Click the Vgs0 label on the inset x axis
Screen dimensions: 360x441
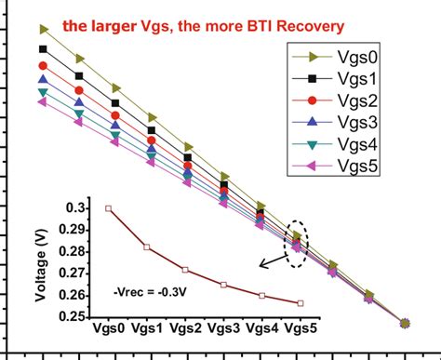coord(108,330)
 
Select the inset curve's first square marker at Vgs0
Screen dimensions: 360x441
coord(108,208)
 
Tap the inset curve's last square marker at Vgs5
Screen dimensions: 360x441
coord(299,303)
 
